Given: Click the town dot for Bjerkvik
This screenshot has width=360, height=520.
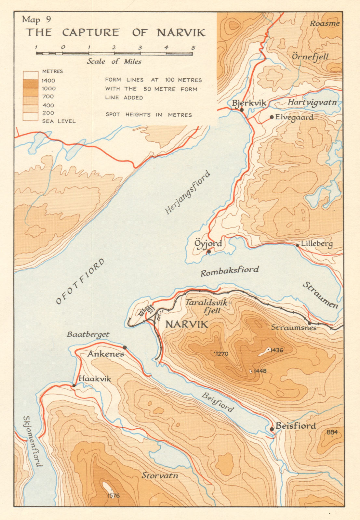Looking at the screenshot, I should [242, 110].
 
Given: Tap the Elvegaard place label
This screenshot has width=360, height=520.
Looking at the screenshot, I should [294, 117].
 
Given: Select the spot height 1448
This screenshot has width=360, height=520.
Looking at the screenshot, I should [260, 371].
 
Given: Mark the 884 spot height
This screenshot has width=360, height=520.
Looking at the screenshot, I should [332, 432].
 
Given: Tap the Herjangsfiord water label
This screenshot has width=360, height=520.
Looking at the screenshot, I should [188, 193].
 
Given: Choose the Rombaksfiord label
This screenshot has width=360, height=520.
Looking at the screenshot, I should [230, 271].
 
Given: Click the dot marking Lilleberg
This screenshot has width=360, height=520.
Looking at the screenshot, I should [297, 245].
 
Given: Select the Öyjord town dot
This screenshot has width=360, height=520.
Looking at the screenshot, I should [209, 251].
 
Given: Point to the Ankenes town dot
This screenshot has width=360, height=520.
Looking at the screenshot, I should [125, 347].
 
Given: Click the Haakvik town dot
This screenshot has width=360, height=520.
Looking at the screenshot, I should [74, 385].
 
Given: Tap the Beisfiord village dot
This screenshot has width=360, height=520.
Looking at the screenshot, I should [272, 429].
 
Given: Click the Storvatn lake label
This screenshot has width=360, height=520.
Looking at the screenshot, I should [160, 475].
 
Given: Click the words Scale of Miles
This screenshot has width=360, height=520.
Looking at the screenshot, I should [114, 61].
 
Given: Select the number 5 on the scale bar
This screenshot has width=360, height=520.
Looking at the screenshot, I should [193, 47].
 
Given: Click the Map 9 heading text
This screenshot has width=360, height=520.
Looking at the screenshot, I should [36, 19].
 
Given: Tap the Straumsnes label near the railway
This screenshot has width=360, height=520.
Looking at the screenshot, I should [294, 328].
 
